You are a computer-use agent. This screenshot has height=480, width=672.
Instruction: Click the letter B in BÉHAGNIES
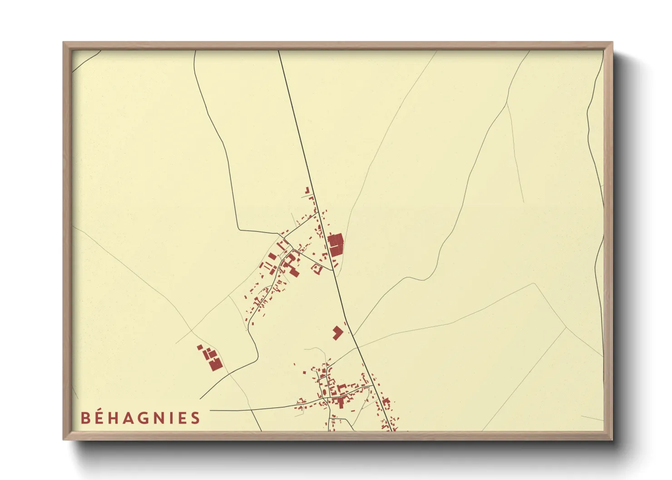tap(85, 418)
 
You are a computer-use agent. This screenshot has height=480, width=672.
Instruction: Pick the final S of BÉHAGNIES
tap(195, 418)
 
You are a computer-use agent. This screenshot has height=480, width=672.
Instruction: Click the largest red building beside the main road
tap(336, 245)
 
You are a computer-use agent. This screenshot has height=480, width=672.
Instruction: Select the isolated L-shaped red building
tap(337, 333)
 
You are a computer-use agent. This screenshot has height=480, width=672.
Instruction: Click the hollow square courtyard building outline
tap(316, 269)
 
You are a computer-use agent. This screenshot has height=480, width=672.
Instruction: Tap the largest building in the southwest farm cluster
tap(216, 364)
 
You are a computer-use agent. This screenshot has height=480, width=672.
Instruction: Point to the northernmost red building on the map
tap(306, 190)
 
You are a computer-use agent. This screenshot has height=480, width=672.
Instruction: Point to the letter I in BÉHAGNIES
tap(174, 418)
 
